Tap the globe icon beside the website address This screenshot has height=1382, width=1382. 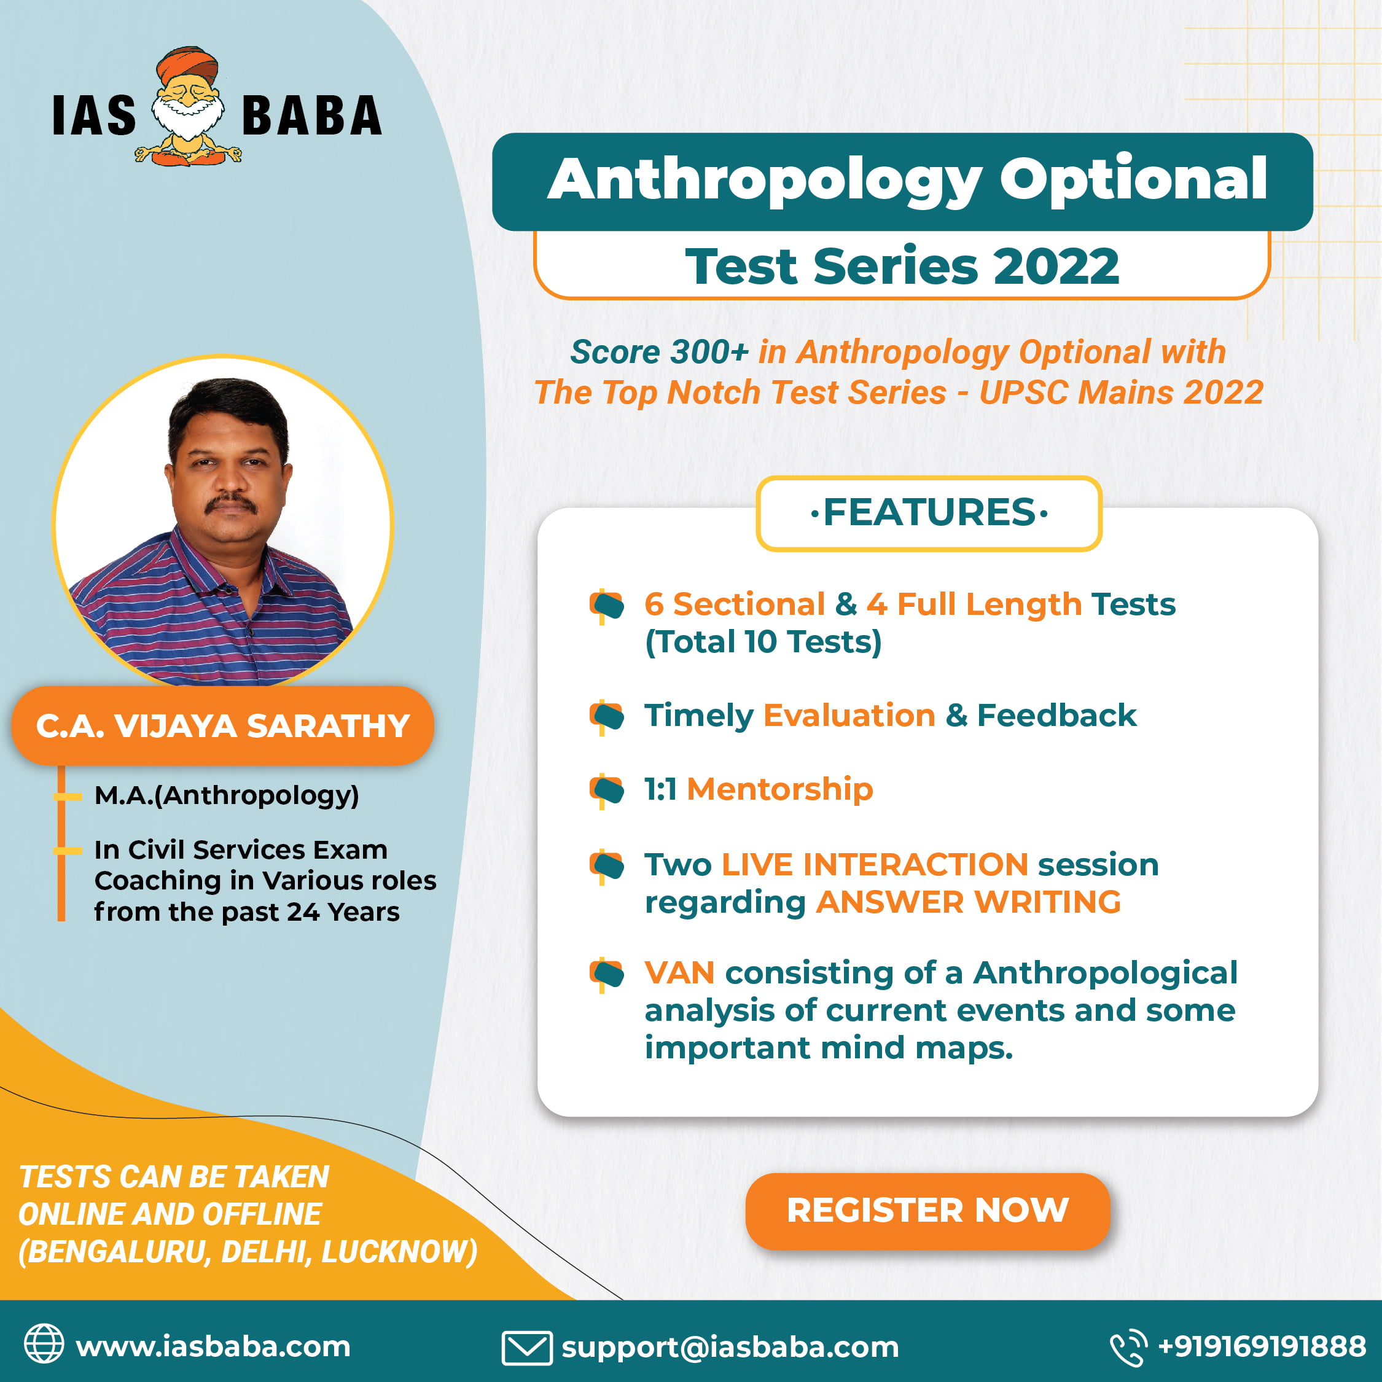(x=44, y=1343)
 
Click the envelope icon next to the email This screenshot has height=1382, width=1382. (x=526, y=1348)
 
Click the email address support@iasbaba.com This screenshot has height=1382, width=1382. (x=730, y=1348)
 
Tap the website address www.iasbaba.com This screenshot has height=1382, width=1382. (x=213, y=1346)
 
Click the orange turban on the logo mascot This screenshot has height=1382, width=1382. (x=187, y=66)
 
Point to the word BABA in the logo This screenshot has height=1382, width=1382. (x=312, y=115)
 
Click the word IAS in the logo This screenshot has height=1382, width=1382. (x=95, y=115)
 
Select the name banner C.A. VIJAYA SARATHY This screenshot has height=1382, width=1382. (x=222, y=725)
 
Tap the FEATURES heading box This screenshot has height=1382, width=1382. (x=929, y=513)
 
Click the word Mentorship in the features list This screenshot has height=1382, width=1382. (x=779, y=789)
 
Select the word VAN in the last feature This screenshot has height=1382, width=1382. (x=679, y=973)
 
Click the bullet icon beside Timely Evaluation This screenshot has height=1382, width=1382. (x=607, y=716)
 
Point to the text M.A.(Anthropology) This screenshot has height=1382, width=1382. (x=227, y=795)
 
